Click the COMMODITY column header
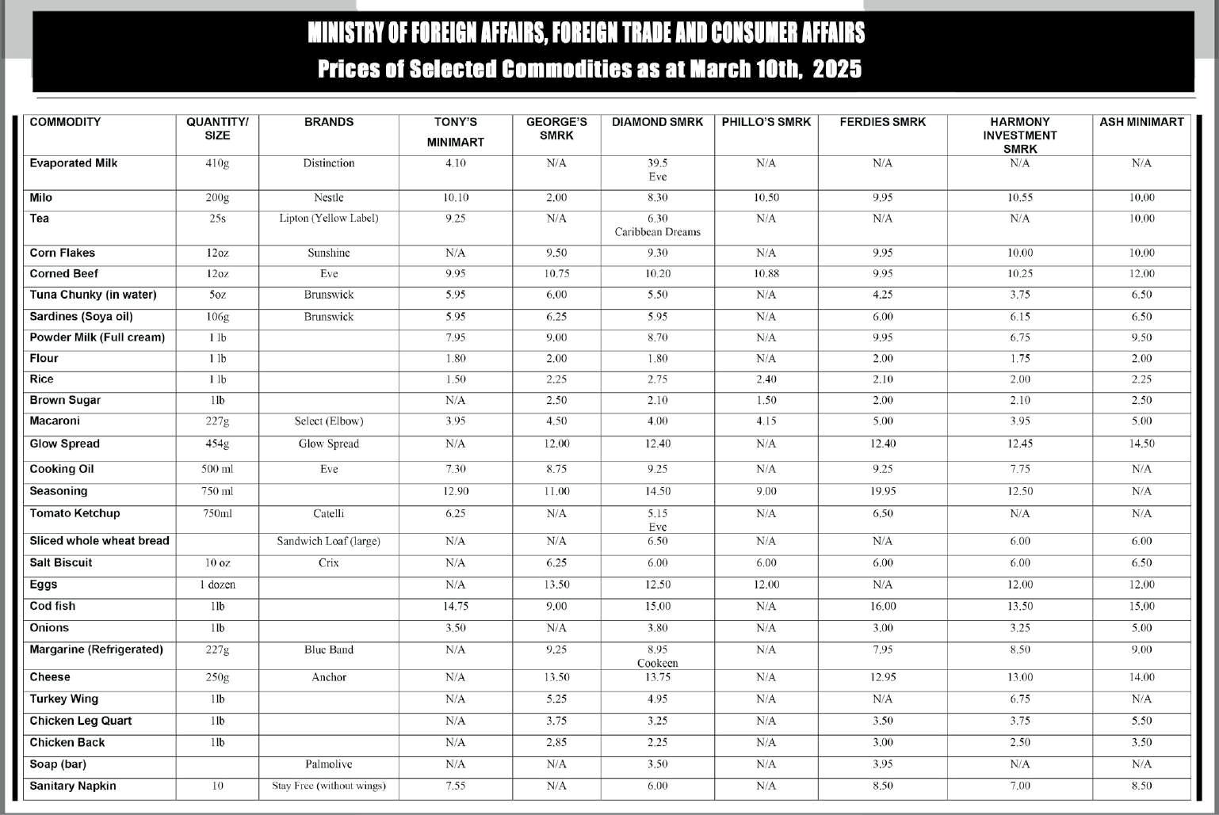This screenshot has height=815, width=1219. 65,122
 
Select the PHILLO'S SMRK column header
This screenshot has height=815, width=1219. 766,122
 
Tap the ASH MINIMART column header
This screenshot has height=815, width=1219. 1141,122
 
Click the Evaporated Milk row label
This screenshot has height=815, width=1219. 73,163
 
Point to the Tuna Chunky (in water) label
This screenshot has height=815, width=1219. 93,295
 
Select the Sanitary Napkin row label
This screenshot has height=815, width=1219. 72,786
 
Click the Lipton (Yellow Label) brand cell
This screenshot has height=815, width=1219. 328,219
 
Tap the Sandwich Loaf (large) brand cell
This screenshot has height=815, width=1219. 328,541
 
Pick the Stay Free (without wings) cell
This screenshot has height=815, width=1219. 328,786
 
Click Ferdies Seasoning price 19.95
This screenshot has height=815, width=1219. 882,491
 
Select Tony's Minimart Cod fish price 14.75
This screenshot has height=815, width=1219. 455,606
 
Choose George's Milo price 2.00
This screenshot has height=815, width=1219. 556,198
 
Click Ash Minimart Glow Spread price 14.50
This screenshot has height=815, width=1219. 1141,444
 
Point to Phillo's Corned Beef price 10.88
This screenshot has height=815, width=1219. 766,274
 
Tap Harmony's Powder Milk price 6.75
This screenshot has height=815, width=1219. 1019,337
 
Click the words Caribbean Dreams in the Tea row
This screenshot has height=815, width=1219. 657,232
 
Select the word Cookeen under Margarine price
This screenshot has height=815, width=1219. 657,663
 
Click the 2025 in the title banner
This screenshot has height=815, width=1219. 837,69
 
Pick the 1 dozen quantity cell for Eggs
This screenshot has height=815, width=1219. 217,585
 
